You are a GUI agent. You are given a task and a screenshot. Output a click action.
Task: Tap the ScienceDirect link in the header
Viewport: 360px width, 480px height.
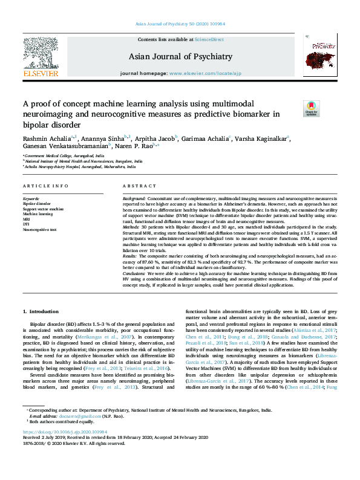[x=209, y=39]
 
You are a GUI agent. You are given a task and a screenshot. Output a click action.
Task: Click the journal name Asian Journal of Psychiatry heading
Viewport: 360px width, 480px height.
[x=180, y=57]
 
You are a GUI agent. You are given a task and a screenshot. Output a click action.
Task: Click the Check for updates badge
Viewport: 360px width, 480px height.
[x=311, y=109]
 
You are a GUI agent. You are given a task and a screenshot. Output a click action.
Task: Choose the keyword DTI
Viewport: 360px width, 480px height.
[x=26, y=224]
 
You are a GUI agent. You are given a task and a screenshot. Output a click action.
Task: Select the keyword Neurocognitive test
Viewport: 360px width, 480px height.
[x=39, y=230]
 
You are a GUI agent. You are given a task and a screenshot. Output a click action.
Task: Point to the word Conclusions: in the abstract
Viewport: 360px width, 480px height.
[x=137, y=273]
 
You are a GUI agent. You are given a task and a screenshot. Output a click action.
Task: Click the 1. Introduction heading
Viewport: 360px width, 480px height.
[x=41, y=311]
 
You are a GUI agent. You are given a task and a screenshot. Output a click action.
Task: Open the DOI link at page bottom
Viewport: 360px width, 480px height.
[x=65, y=450]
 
